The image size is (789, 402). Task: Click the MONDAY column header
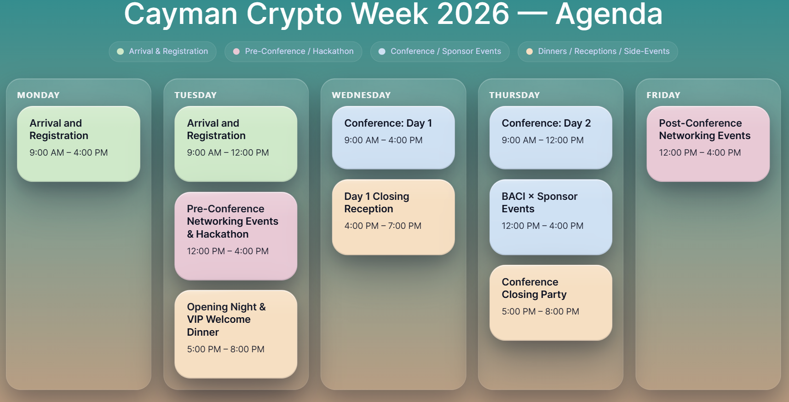tap(38, 95)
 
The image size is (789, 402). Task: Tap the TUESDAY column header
tap(196, 95)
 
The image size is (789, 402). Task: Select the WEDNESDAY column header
tap(361, 95)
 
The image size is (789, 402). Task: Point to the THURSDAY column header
tap(514, 95)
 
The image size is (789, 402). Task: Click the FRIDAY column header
tap(663, 95)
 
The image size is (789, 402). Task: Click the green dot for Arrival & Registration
tap(121, 52)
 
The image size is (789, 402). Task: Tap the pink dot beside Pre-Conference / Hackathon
tap(236, 52)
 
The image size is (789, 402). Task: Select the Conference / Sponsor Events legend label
tap(446, 51)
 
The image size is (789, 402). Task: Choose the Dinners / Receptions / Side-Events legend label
tap(604, 51)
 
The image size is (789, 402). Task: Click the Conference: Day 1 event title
tap(388, 123)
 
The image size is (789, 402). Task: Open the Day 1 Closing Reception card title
tap(377, 203)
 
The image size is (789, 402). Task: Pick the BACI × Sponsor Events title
tap(540, 203)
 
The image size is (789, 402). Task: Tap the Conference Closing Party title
tap(534, 288)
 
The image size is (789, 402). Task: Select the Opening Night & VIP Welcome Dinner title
tap(226, 320)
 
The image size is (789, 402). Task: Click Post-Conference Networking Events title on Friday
tap(705, 129)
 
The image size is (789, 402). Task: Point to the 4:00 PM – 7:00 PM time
tap(383, 226)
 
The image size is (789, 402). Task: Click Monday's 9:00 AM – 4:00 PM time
tap(69, 152)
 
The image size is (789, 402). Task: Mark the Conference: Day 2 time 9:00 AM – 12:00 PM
tap(543, 140)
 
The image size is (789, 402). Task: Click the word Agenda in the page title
tap(609, 14)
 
